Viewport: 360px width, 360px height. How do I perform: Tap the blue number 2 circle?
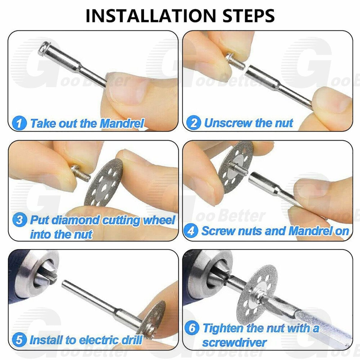click(194, 123)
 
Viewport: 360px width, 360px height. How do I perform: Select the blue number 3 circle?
click(19, 220)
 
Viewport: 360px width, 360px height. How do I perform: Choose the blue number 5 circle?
click(19, 340)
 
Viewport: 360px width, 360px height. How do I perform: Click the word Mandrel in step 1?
click(122, 123)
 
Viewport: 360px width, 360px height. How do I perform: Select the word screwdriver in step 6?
click(234, 342)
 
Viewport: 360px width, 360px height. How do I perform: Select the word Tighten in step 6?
click(223, 328)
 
